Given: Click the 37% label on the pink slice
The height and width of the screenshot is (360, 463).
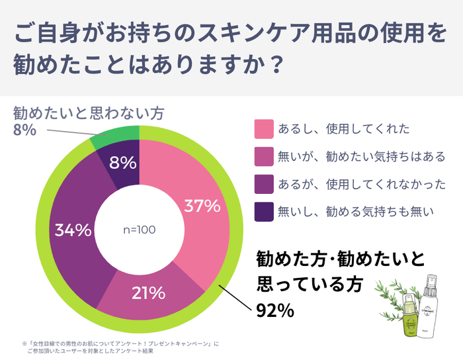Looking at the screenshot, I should (202, 206).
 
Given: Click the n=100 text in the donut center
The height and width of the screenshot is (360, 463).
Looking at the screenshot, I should (140, 230).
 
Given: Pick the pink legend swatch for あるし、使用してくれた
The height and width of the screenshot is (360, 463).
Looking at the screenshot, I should (263, 128).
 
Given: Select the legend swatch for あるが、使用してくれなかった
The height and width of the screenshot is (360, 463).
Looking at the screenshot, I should (263, 184).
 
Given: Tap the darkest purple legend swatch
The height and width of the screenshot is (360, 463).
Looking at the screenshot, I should (263, 212).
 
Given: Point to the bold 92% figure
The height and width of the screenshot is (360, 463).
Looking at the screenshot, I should (275, 310).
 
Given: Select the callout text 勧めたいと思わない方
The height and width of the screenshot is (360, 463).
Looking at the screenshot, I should (88, 112).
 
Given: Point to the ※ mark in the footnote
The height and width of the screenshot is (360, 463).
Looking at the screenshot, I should (24, 343).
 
